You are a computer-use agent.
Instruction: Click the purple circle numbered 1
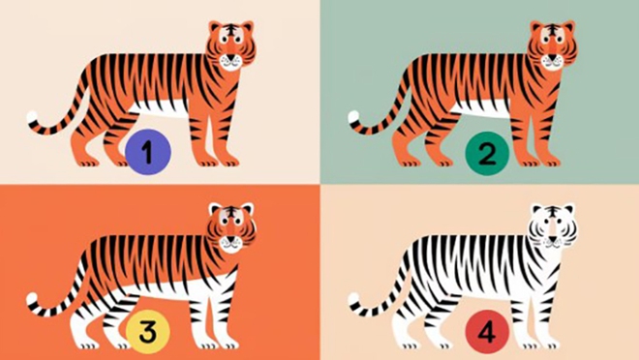click(x=148, y=152)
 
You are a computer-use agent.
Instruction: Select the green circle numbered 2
click(x=487, y=154)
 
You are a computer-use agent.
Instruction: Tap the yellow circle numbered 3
click(x=147, y=332)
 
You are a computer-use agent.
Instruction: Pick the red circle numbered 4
click(x=487, y=332)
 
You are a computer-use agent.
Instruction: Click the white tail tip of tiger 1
click(x=33, y=117)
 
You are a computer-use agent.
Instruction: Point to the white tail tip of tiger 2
click(x=353, y=117)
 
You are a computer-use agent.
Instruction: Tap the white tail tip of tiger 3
click(x=33, y=299)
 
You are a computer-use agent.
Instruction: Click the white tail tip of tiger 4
click(x=353, y=299)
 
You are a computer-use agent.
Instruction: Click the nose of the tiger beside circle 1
click(x=230, y=58)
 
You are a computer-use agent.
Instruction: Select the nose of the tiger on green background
click(x=552, y=58)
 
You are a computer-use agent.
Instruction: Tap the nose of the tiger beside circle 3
click(x=230, y=240)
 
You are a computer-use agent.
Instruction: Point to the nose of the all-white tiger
click(x=552, y=240)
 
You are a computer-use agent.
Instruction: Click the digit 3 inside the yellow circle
click(x=147, y=332)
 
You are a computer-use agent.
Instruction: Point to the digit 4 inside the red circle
click(x=487, y=332)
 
